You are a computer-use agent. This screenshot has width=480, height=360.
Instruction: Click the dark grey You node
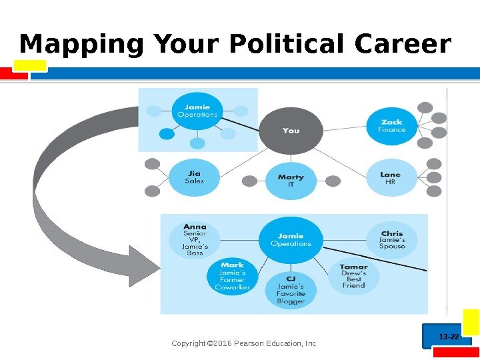[x=291, y=131]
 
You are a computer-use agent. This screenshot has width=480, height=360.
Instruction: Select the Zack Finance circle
[x=391, y=125]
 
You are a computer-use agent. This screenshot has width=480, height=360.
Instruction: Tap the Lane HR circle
[x=391, y=177]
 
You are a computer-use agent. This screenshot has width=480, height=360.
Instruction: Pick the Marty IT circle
[x=291, y=180]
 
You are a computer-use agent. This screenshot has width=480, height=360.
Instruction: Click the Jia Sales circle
[x=195, y=177]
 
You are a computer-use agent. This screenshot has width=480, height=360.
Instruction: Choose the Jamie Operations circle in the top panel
[x=197, y=111]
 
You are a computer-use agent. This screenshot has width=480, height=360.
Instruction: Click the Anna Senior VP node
[x=195, y=239]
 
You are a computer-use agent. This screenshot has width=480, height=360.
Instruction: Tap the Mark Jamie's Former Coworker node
[x=233, y=276]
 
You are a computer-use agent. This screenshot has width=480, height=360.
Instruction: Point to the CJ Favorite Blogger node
[x=291, y=289]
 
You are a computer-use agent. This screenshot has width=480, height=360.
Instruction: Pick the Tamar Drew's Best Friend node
[x=353, y=276]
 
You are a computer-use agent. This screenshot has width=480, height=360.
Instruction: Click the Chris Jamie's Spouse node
[x=392, y=240]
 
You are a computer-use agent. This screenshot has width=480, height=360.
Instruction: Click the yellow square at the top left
[x=33, y=65]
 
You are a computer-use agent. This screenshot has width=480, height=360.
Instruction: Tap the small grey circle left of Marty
[x=250, y=181]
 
